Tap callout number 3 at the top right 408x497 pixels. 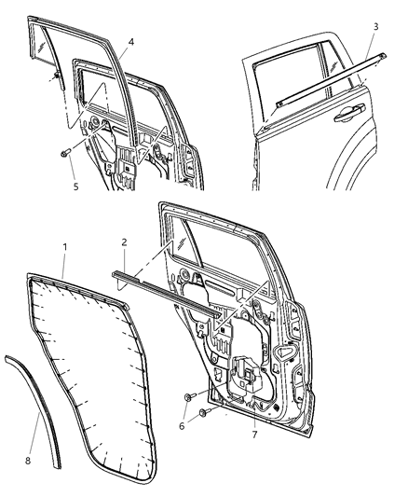pos(374,27)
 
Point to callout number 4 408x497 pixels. pos(131,42)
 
